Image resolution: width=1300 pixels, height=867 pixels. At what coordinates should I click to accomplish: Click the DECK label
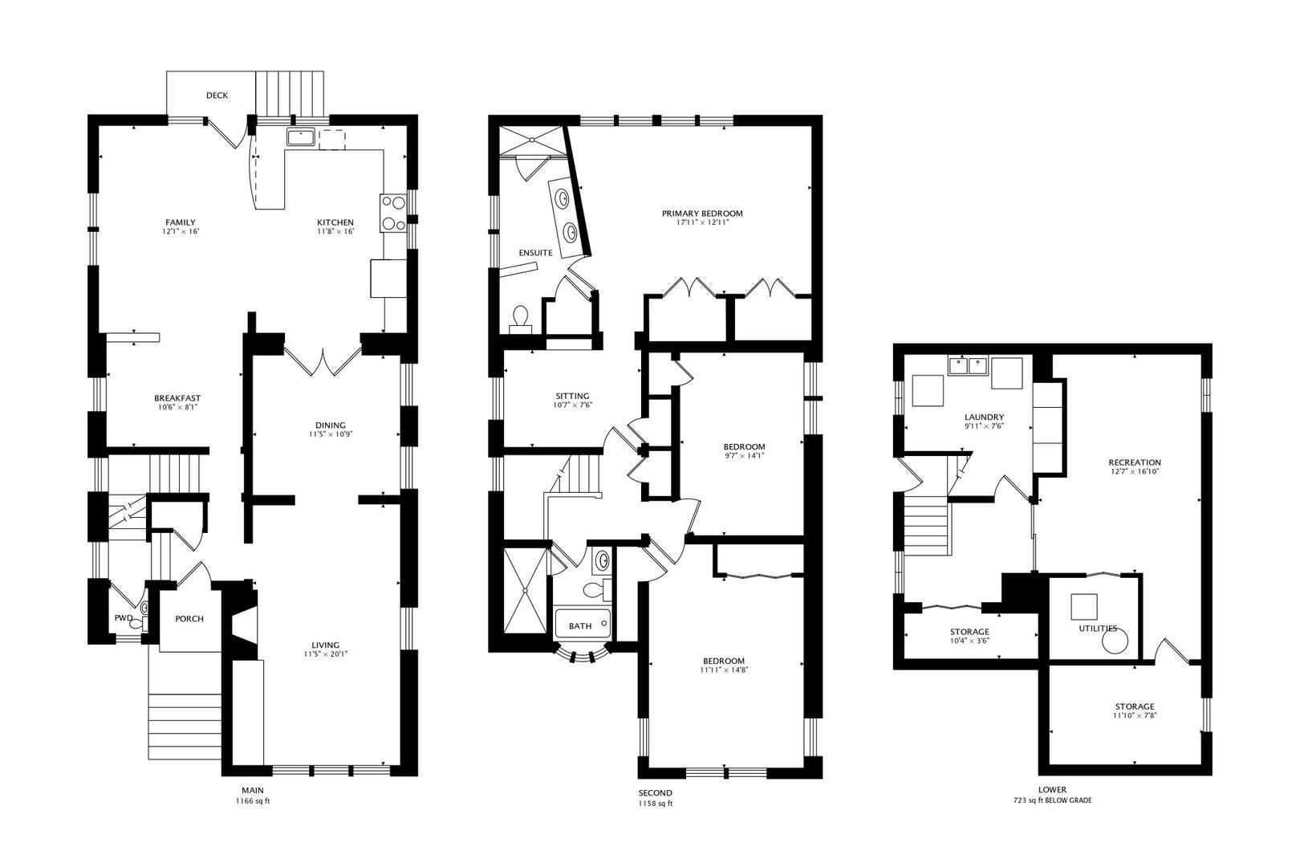(x=217, y=96)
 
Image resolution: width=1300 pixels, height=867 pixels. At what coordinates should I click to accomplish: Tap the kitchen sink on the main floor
(x=301, y=137)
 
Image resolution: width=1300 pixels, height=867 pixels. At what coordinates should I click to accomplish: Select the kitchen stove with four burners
(x=394, y=213)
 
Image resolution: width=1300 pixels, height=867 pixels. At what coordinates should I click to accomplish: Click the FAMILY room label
(x=181, y=222)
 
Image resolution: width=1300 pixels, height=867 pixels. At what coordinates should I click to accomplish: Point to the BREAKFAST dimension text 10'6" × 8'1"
(x=177, y=408)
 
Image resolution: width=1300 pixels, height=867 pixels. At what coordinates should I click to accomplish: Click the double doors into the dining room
(x=323, y=360)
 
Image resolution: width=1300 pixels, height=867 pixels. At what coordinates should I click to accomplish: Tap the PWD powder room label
(x=123, y=618)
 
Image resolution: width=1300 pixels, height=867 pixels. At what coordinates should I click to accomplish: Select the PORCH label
(x=189, y=619)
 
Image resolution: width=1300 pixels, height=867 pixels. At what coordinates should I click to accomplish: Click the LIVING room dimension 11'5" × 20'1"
(x=326, y=654)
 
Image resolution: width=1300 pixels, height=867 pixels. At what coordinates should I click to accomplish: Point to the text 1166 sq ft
(x=253, y=801)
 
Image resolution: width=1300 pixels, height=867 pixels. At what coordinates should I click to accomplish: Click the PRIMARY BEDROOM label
(x=702, y=214)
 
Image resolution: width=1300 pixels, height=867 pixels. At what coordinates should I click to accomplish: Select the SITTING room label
(x=572, y=397)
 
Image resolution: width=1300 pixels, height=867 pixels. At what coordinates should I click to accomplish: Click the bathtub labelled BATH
(x=583, y=624)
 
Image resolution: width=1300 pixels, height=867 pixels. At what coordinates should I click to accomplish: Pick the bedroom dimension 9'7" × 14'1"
(x=745, y=456)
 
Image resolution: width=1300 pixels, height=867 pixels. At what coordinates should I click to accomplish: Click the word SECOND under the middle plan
(x=656, y=793)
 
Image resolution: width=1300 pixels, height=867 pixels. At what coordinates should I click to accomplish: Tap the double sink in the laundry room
(x=968, y=366)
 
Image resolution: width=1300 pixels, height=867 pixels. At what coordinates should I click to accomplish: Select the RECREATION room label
(x=1135, y=463)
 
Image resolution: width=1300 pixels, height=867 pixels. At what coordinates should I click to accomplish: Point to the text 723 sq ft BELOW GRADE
(x=1052, y=800)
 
